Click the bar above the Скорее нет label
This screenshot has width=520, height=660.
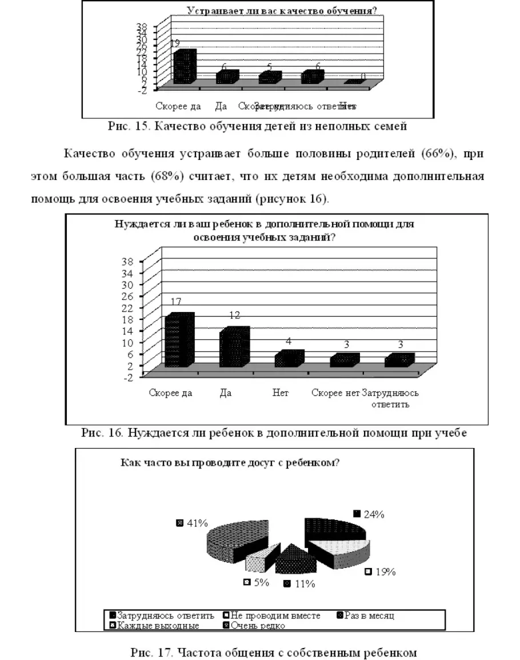coord(344,360)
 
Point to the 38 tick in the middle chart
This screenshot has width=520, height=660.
coord(128,261)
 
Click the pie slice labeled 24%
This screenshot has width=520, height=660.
coord(334,529)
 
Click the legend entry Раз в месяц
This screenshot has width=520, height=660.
coord(369,615)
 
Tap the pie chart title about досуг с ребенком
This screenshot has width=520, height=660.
coord(230,462)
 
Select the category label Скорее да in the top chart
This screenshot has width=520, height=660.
coord(175,106)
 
